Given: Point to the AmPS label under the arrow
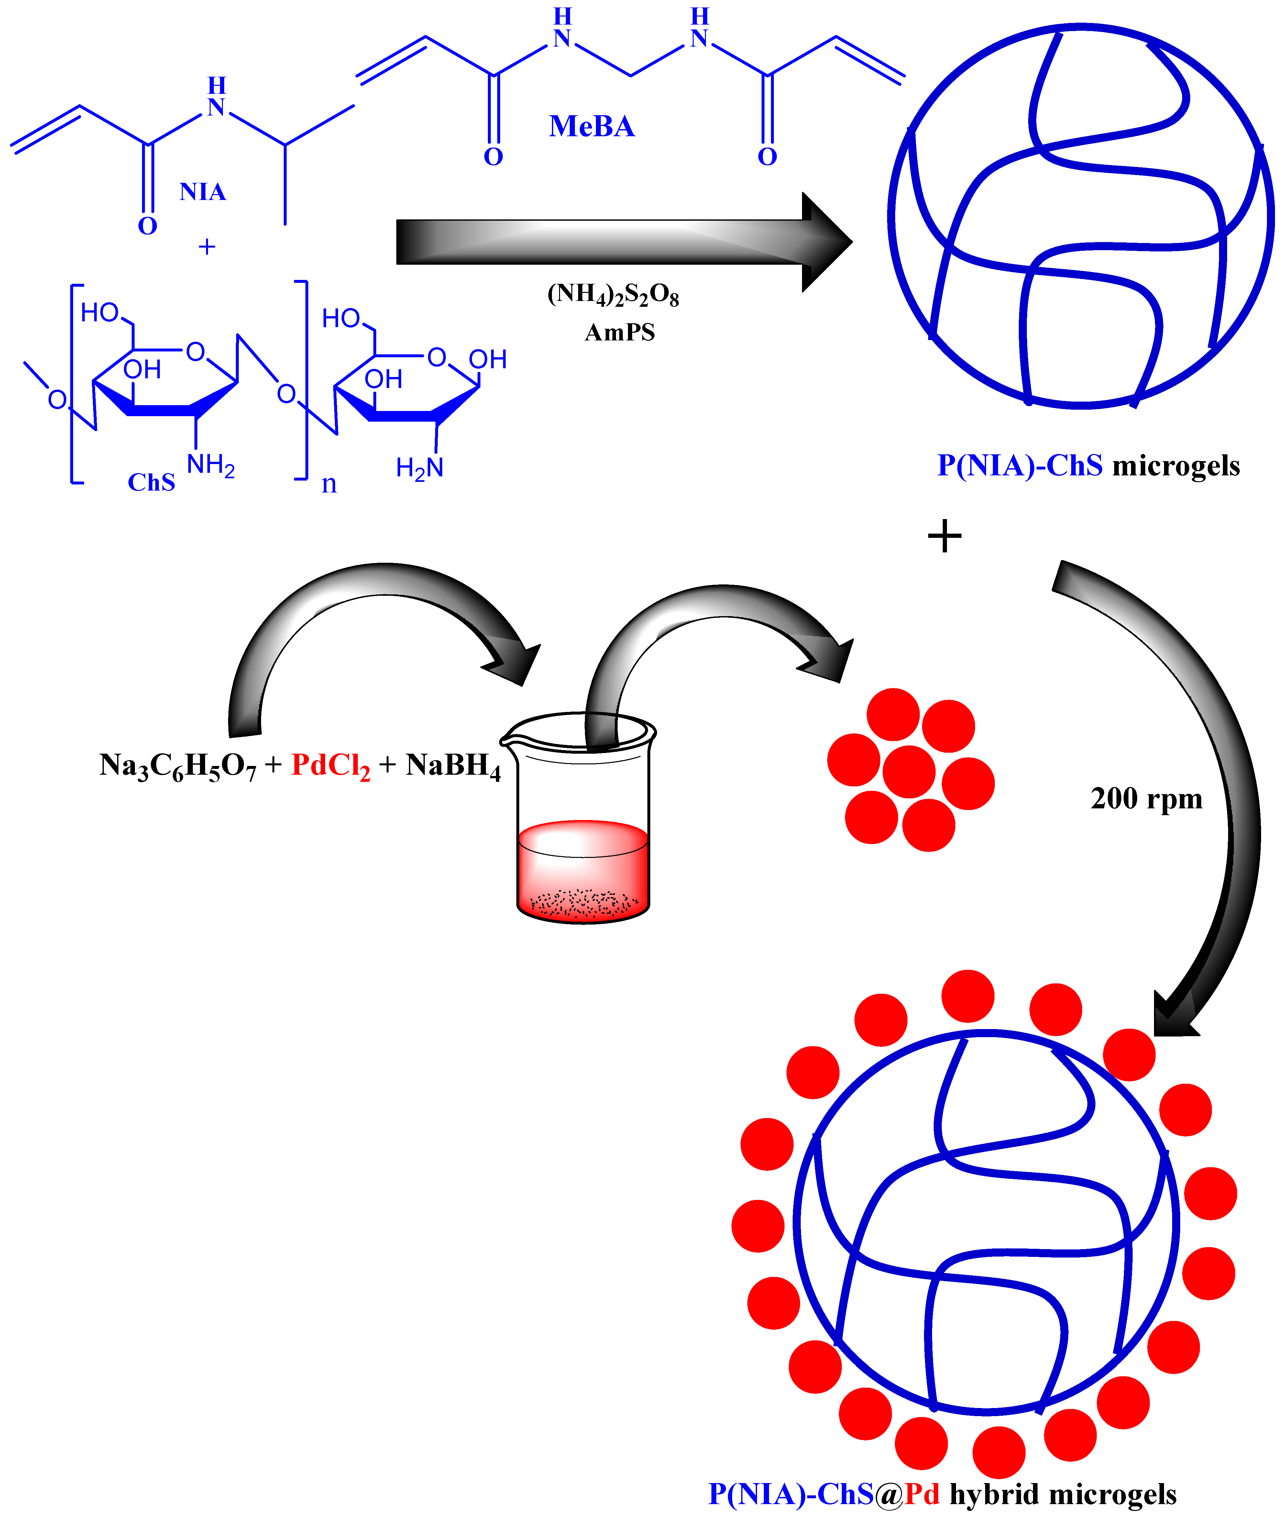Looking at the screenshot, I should pos(620,333).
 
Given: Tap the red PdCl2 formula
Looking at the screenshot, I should pos(330,766).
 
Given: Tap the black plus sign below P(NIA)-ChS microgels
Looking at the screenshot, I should pos(945,537).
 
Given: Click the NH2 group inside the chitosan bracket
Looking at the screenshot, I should pos(211,464).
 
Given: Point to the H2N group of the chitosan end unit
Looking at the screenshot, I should pos(419,467).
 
